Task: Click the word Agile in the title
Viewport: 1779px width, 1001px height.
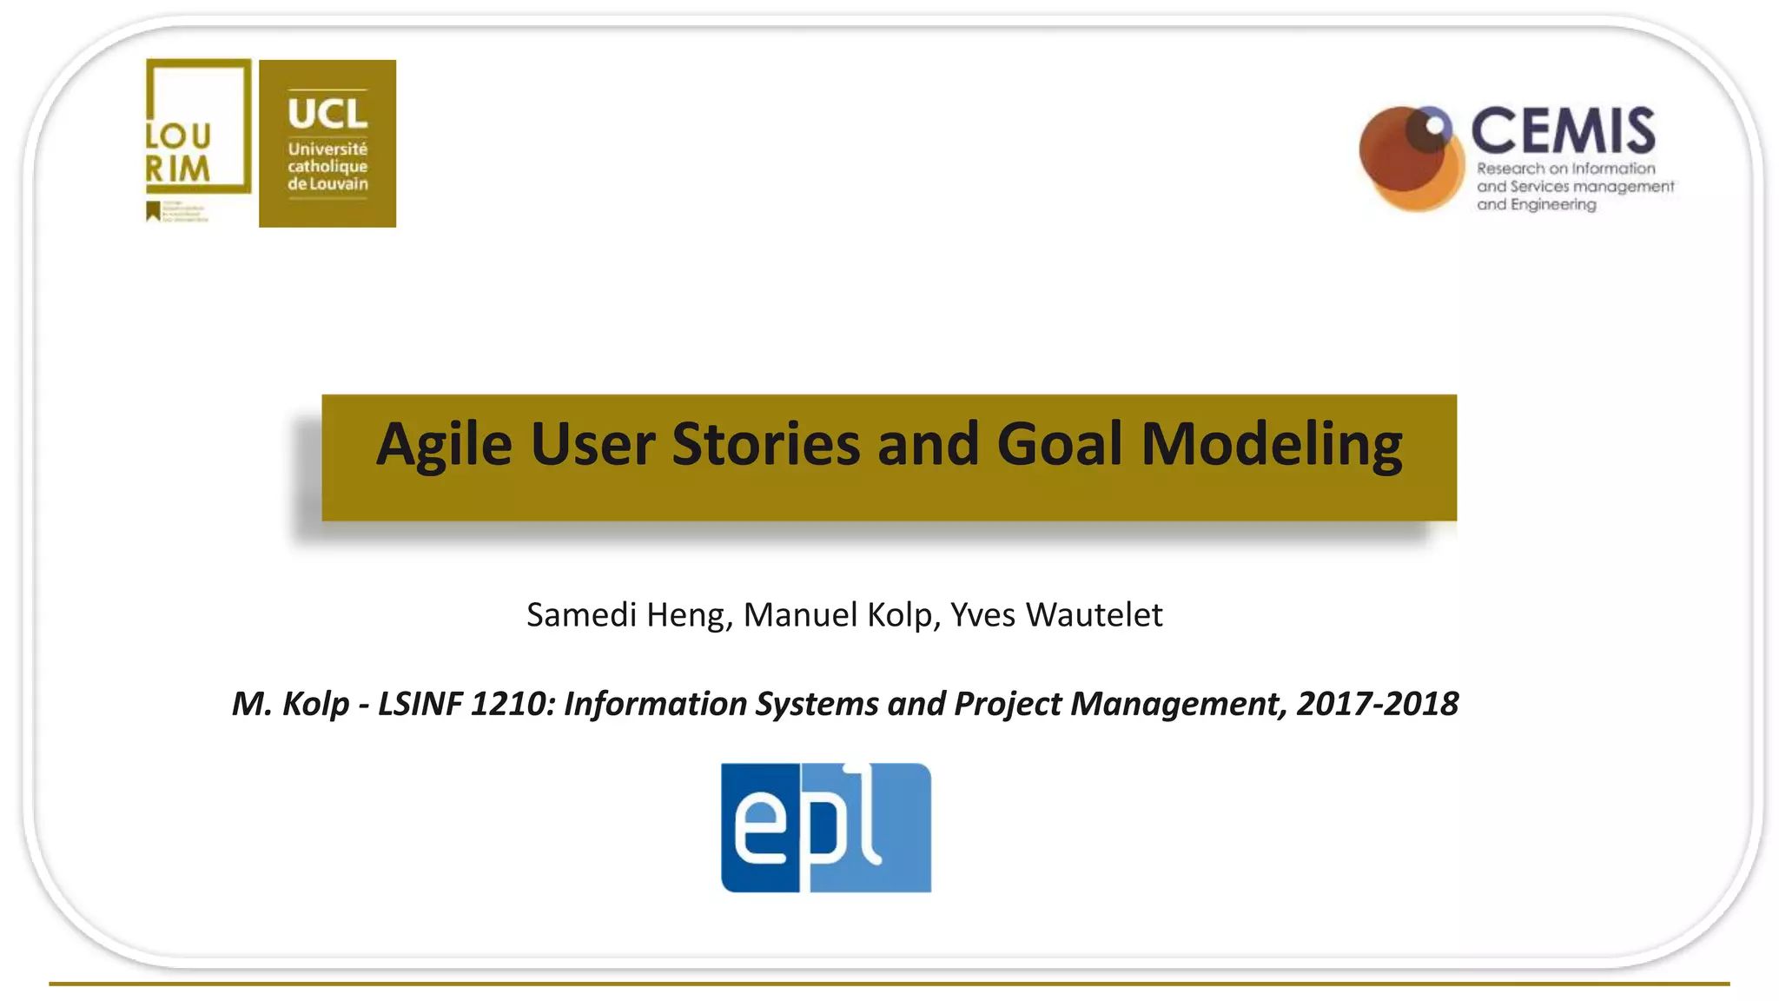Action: (444, 445)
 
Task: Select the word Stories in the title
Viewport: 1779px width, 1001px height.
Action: (766, 445)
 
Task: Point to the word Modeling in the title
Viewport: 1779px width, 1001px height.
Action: (1271, 445)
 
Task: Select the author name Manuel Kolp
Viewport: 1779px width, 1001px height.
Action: (837, 615)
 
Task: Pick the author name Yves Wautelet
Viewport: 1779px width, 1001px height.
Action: (1055, 615)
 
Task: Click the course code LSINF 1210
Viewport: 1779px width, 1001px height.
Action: (464, 704)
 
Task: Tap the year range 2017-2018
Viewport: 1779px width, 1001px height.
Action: (1377, 704)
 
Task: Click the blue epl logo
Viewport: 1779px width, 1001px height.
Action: (825, 827)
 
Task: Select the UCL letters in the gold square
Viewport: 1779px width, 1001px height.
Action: (327, 114)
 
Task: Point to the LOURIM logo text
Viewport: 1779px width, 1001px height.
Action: (178, 152)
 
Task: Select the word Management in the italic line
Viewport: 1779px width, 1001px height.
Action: (1176, 704)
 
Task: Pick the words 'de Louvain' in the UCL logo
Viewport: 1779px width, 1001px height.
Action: (327, 184)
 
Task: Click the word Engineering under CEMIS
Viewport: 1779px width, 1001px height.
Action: (1553, 205)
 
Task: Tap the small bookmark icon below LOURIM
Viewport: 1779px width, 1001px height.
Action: (154, 211)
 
